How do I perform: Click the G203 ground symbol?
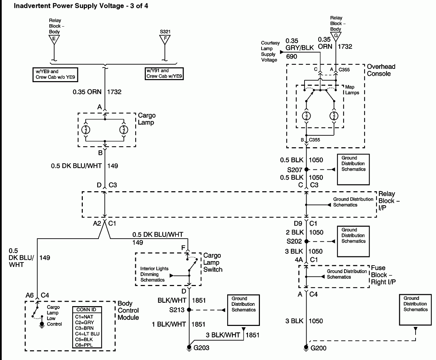189,347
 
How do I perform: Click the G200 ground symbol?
306,347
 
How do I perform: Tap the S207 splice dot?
306,169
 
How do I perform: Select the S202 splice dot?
306,241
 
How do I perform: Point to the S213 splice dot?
189,310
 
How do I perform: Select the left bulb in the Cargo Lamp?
86,130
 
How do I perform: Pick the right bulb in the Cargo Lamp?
124,130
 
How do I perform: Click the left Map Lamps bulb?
307,116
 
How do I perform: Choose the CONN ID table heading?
86,310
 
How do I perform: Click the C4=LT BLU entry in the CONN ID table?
87,334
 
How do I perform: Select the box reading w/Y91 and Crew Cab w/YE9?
164,73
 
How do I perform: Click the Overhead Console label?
381,70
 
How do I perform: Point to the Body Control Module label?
128,310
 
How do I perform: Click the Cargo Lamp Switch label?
213,262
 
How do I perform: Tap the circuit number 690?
292,57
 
